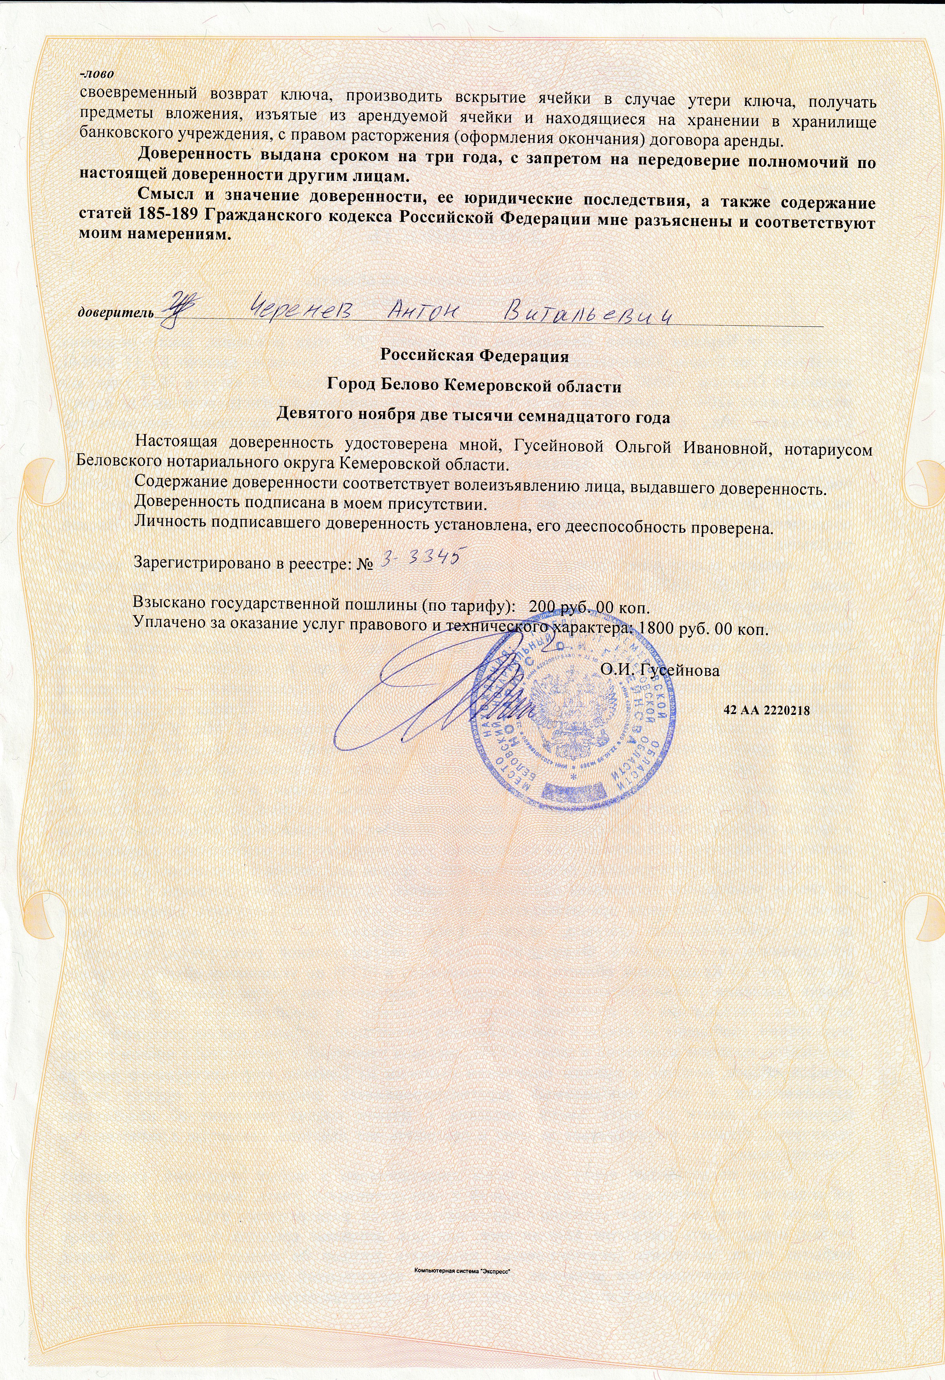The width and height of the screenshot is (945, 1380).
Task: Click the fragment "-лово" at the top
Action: (97, 75)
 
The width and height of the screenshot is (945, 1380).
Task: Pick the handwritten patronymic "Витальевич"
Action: (585, 312)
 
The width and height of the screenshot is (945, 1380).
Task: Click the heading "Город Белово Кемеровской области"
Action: (474, 386)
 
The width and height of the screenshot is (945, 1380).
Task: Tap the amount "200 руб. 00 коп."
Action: (589, 607)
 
